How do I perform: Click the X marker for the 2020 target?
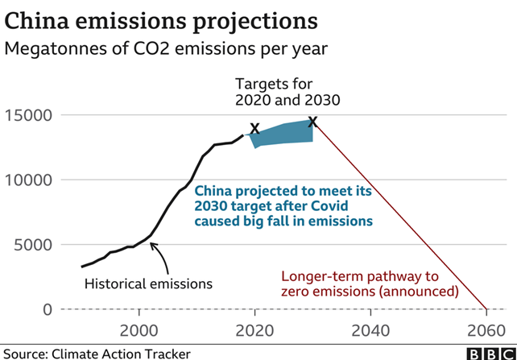coord(254,128)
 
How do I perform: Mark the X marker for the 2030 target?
coord(312,122)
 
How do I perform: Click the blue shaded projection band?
coord(286,133)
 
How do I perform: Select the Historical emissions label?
coord(149,283)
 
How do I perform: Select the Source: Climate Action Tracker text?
coord(97,352)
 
